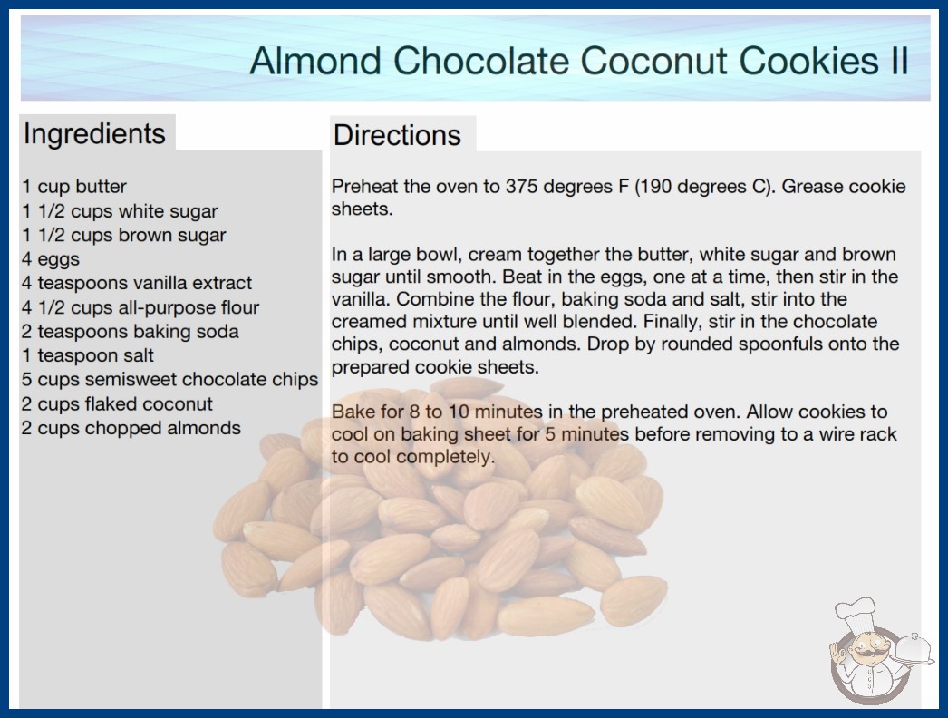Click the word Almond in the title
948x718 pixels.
point(315,61)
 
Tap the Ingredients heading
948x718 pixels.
point(94,134)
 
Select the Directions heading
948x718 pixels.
point(397,135)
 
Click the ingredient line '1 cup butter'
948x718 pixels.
point(74,187)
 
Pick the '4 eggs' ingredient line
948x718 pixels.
point(51,259)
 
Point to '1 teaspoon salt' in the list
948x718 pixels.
point(88,355)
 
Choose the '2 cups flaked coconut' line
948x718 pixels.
point(117,403)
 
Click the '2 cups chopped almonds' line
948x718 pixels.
point(131,428)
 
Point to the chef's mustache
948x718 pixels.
point(866,654)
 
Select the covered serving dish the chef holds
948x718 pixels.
point(913,650)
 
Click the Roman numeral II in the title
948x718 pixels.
point(900,61)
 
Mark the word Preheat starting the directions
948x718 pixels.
point(364,187)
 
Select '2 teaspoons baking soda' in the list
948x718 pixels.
point(130,332)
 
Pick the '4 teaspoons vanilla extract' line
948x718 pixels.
point(137,283)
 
